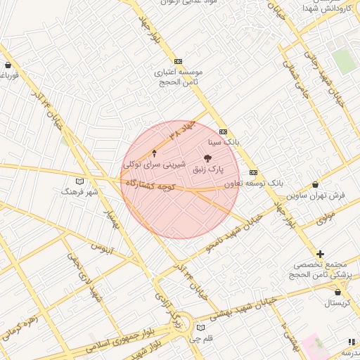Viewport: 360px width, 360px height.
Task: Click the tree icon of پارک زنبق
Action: (207, 159)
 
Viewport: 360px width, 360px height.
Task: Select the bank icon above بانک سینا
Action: (224, 131)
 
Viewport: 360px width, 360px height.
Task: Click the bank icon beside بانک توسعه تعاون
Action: (254, 172)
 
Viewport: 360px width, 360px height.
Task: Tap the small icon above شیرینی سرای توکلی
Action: (155, 152)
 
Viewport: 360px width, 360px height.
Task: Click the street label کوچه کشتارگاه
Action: (149, 184)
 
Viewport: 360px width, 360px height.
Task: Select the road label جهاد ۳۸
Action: (180, 130)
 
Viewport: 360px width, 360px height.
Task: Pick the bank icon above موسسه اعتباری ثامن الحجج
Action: (178, 62)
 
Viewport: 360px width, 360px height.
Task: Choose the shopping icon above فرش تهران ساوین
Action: (316, 184)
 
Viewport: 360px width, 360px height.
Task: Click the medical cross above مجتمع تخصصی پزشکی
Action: (321, 254)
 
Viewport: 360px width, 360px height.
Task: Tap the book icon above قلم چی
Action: (201, 328)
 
